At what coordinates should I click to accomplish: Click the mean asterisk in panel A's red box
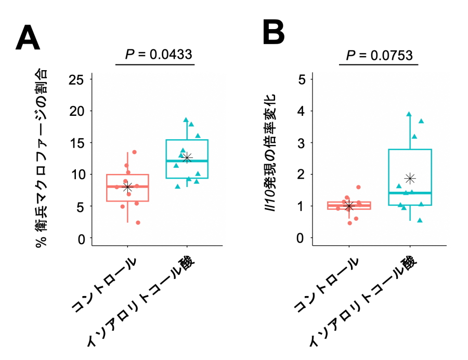click(127, 188)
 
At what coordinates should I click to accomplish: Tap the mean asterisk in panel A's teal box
click(188, 157)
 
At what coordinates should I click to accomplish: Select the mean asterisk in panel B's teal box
click(410, 178)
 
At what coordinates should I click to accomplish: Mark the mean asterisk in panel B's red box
click(349, 206)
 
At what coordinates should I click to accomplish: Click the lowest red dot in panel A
click(138, 222)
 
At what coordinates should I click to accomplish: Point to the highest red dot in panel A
click(134, 152)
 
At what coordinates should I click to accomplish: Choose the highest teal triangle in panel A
click(186, 120)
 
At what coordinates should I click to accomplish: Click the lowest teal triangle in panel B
click(420, 220)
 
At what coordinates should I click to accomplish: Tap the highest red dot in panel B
click(358, 187)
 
